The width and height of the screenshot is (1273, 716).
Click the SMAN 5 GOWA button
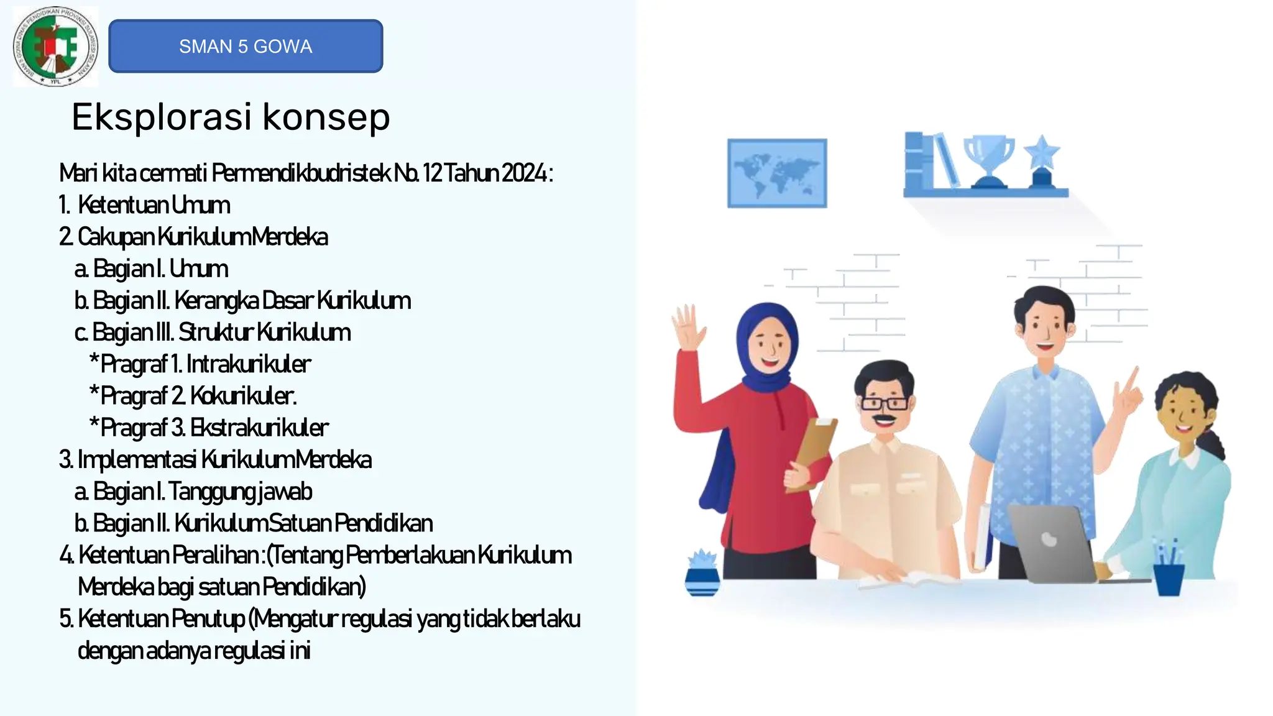click(x=246, y=46)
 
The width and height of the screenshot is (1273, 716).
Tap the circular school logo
click(x=55, y=47)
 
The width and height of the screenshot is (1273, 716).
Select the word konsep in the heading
click(x=326, y=117)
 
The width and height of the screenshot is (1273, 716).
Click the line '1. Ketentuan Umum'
click(x=145, y=204)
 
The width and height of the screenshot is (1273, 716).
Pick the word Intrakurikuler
click(x=249, y=364)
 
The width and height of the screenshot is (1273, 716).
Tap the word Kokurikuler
click(x=243, y=395)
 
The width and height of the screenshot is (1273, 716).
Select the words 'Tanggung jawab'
click(x=240, y=491)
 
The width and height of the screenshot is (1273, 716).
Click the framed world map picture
click(x=777, y=173)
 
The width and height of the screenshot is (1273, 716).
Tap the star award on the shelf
click(x=1042, y=158)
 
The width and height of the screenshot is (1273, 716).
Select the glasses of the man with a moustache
click(x=885, y=403)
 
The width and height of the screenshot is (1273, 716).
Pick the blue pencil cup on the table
click(x=1169, y=576)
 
